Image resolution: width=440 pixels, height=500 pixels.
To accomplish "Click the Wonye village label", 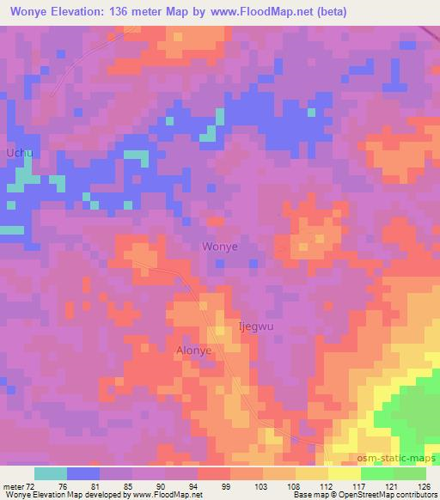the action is pos(219,247).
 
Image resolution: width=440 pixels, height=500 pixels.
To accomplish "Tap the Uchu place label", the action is pos(19,152).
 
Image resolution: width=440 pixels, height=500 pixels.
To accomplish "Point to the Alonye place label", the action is pos(193,351).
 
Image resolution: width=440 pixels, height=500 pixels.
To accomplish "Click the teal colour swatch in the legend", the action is pos(51,473).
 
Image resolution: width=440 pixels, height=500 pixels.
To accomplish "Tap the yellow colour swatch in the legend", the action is pos(344,473).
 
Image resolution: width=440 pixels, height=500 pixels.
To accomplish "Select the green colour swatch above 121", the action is pos(376,473).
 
